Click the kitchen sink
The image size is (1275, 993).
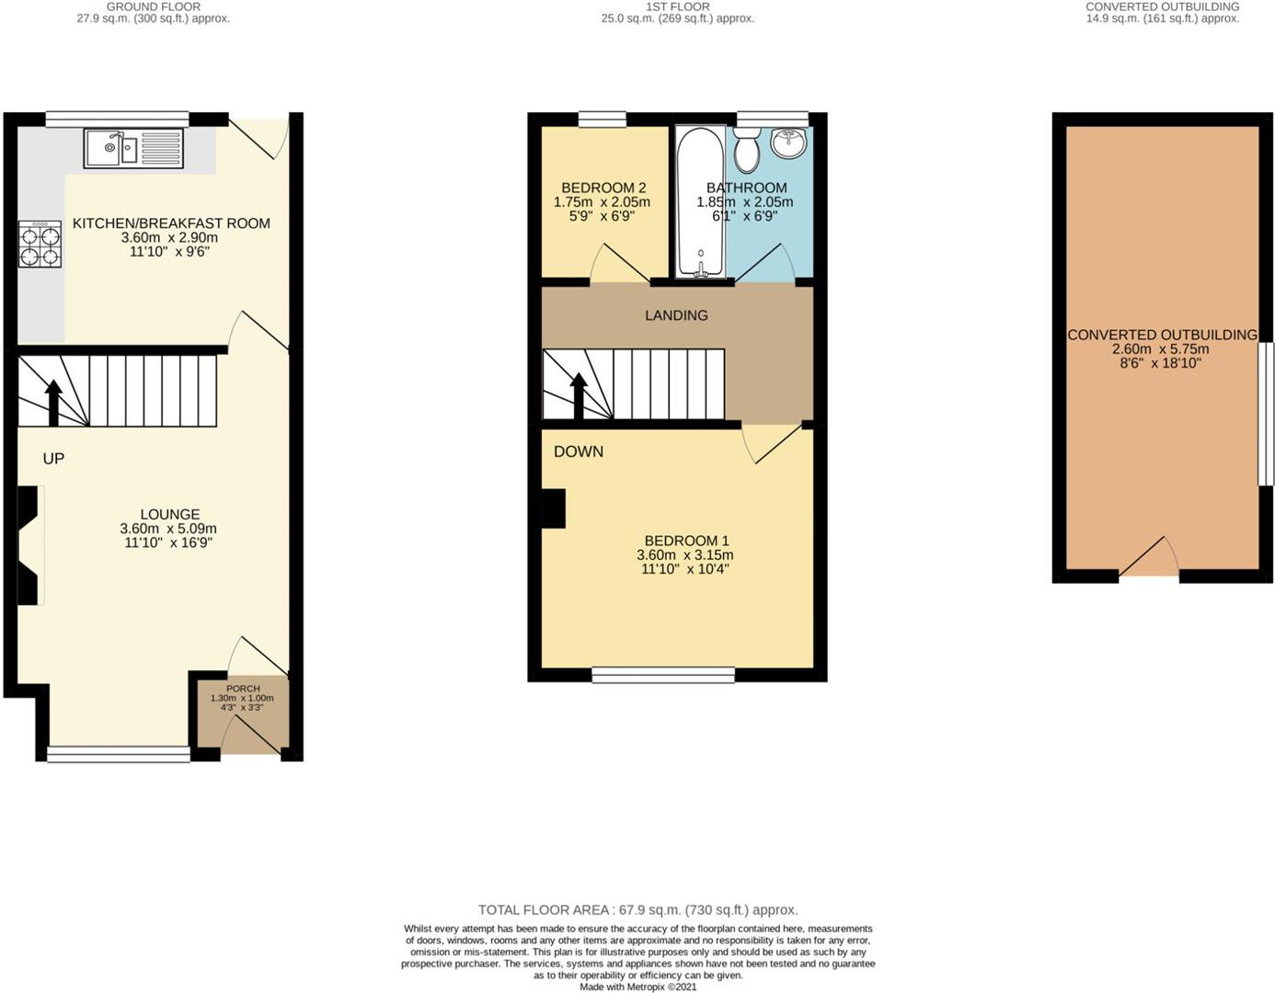(133, 149)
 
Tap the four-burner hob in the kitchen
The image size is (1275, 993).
(40, 244)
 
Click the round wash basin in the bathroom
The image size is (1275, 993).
(787, 143)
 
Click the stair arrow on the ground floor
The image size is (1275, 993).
(53, 401)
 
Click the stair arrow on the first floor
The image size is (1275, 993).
(579, 394)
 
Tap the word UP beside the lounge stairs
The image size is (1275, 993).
(53, 459)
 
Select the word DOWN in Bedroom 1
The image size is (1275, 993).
(579, 451)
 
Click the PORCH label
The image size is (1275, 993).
(243, 689)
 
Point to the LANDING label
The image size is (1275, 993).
(676, 315)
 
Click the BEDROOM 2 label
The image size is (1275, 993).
(603, 188)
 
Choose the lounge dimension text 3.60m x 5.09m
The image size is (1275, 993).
(168, 529)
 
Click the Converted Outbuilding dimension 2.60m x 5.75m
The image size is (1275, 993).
(1160, 349)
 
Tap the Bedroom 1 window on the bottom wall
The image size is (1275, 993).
(662, 676)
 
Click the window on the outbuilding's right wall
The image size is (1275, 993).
(1266, 414)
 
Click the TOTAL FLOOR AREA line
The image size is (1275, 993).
(637, 910)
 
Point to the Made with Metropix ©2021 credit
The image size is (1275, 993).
(637, 987)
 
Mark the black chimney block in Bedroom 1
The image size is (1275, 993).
(553, 508)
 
